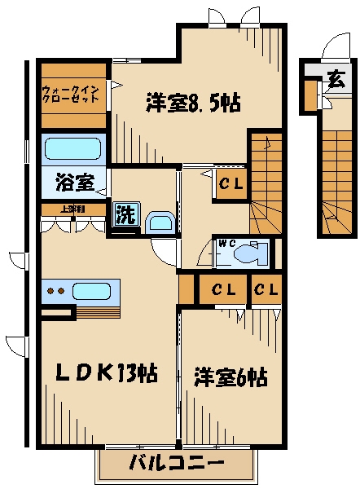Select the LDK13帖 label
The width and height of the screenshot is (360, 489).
tap(106, 374)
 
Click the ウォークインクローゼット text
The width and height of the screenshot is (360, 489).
tap(72, 93)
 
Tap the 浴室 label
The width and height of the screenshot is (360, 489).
tap(72, 182)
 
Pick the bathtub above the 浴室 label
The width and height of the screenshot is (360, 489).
tap(72, 149)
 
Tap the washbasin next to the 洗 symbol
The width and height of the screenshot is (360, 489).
tap(159, 222)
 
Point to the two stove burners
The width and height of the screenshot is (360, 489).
tap(55, 291)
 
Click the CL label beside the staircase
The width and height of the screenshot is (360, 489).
tap(230, 184)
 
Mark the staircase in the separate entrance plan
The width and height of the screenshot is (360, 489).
tap(335, 179)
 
